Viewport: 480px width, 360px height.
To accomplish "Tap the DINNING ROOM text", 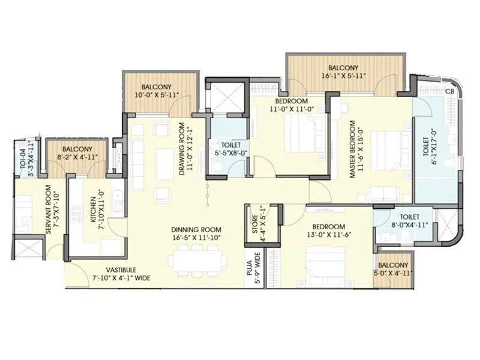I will click(x=196, y=229).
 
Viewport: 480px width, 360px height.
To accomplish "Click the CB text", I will click(x=449, y=91).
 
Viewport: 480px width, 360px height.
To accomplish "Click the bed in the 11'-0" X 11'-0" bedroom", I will click(x=298, y=133).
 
